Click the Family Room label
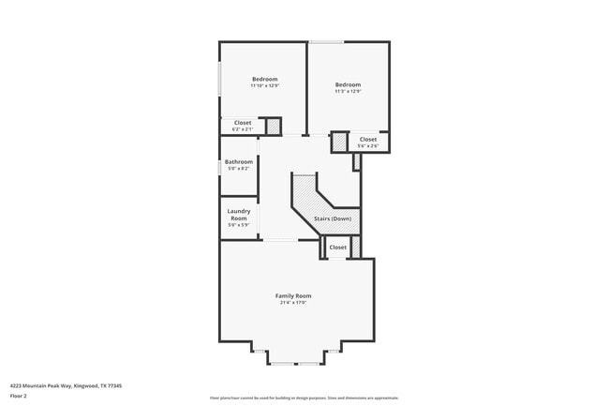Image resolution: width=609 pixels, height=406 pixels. pyautogui.click(x=292, y=295)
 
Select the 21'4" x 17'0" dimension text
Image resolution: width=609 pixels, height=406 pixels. pyautogui.click(x=292, y=303)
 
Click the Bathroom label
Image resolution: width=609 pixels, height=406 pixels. pyautogui.click(x=239, y=161)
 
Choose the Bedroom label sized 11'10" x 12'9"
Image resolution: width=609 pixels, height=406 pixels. pyautogui.click(x=265, y=79)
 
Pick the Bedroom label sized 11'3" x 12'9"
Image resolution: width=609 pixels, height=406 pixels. pyautogui.click(x=348, y=84)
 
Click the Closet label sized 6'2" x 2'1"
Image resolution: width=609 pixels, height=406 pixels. pyautogui.click(x=243, y=123)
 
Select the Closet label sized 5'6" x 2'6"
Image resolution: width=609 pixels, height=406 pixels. pyautogui.click(x=368, y=139)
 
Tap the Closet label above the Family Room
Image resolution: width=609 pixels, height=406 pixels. pyautogui.click(x=337, y=248)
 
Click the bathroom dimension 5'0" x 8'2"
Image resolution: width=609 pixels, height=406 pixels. pyautogui.click(x=239, y=169)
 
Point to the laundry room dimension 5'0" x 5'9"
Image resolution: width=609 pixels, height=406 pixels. pyautogui.click(x=239, y=225)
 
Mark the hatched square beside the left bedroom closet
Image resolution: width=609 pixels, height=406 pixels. pyautogui.click(x=274, y=126)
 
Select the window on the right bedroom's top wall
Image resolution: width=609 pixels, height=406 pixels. pyautogui.click(x=326, y=41)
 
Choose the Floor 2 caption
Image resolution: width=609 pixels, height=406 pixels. pyautogui.click(x=19, y=397)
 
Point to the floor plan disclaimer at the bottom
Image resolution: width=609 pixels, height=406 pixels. pyautogui.click(x=304, y=398)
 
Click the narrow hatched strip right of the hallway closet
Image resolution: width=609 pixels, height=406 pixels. pyautogui.click(x=355, y=247)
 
